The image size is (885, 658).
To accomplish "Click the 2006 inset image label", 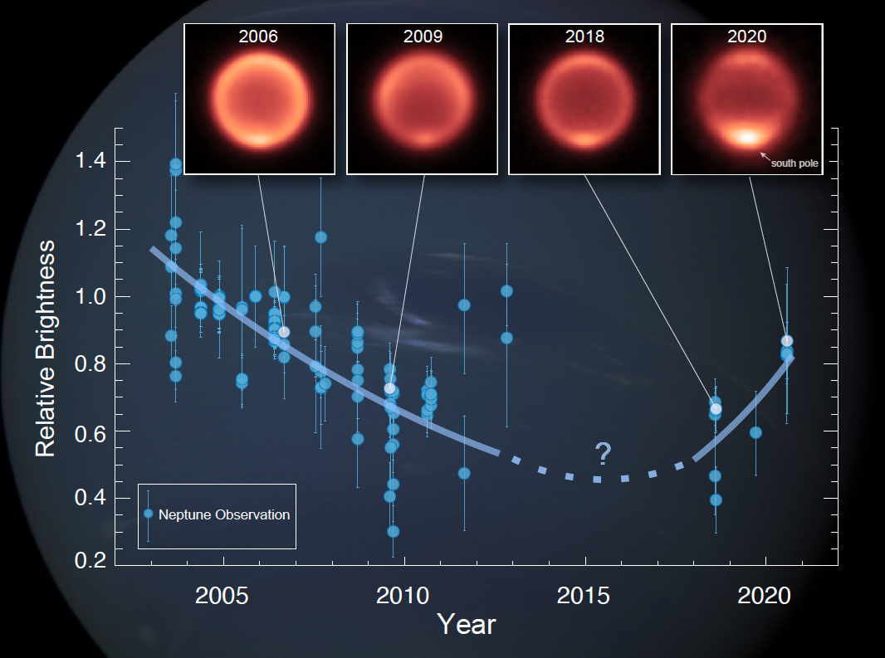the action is coord(258,37).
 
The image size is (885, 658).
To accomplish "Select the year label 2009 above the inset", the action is coord(423,37).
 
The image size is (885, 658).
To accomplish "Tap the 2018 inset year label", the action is coord(584,37).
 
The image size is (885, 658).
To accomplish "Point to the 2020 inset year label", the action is coord(746,37).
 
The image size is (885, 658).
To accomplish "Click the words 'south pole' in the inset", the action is coord(795,163).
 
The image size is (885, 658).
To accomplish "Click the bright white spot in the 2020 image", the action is coord(747,137).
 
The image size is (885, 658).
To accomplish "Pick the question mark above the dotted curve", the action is coord(604,454).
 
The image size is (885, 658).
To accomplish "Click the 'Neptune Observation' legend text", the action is coord(224,514).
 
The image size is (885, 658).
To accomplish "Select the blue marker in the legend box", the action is coord(149,514).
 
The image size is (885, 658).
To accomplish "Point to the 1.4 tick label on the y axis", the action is coord(90,161).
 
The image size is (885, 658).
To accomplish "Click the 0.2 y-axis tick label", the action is coord(90,560).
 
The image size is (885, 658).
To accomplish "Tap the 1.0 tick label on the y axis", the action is coord(90,296).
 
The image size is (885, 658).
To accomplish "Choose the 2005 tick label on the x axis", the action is coord(222,596).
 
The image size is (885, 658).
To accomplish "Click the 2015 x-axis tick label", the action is coord(584,596).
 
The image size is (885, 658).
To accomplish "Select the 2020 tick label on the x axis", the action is coord(765,596).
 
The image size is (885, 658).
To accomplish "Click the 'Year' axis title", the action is coord(467,625).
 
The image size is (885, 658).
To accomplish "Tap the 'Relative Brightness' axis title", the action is coord(45,348).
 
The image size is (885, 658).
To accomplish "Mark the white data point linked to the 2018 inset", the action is coord(716,409).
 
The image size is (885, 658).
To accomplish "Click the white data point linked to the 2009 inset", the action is coord(389,388).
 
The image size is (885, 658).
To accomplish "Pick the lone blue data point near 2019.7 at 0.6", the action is coord(755,433).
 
